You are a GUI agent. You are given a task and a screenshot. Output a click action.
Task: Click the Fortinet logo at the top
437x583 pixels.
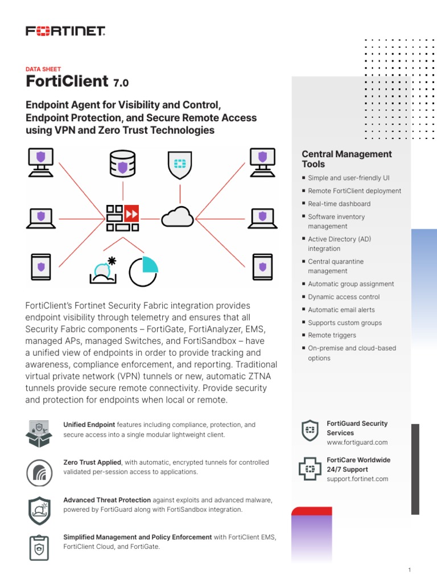point(65,31)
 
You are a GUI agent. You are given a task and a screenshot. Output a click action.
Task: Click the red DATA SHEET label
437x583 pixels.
point(43,69)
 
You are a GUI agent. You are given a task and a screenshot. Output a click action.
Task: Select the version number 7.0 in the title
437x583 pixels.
point(121,83)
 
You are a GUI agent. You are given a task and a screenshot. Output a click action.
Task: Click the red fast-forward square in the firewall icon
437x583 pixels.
point(131,213)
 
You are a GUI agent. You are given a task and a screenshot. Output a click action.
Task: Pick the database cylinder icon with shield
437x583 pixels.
point(123,163)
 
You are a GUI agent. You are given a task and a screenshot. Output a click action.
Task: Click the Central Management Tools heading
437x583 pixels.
point(347,159)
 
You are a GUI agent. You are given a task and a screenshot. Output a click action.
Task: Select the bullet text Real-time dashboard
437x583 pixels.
point(339,204)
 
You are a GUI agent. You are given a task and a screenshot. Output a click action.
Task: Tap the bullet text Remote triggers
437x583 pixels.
point(332,335)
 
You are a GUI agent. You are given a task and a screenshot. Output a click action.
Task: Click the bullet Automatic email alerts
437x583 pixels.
point(341,310)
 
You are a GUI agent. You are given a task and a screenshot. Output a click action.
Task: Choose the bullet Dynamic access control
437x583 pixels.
point(344,297)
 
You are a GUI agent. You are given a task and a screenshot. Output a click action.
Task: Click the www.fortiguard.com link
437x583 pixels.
point(357,442)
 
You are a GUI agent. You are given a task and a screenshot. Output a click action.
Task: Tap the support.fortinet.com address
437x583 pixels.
point(357,479)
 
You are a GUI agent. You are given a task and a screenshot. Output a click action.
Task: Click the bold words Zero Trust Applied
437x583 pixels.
point(92,462)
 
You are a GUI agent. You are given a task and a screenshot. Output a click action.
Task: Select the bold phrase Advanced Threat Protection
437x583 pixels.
point(107,500)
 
